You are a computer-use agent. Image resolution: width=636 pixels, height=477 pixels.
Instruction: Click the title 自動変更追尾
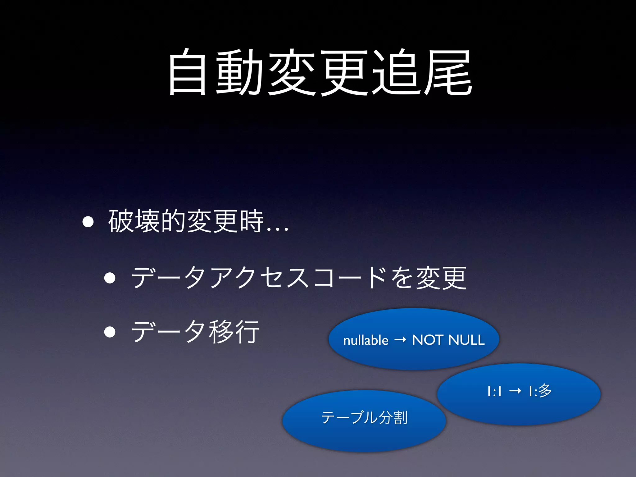pos(320,72)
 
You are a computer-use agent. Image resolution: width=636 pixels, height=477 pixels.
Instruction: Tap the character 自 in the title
pos(187,72)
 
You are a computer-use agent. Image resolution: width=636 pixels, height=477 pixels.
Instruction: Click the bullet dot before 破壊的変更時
pos(88,222)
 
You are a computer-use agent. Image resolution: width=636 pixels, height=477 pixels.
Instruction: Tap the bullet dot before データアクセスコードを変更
pos(110,278)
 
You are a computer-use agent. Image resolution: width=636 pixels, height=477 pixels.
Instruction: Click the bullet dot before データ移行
pos(110,332)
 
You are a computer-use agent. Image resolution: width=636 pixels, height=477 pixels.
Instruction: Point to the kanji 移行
pos(234,332)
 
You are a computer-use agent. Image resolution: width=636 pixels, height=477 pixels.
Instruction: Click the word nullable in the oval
pos(366,340)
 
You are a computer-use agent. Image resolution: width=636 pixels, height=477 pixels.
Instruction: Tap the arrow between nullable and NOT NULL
pos(400,340)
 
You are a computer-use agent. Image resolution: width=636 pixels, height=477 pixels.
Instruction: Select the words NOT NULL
pos(448,340)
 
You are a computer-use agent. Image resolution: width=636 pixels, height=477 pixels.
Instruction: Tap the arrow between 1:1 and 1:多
pos(515,391)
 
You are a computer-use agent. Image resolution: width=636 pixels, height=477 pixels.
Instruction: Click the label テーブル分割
pos(364,417)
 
